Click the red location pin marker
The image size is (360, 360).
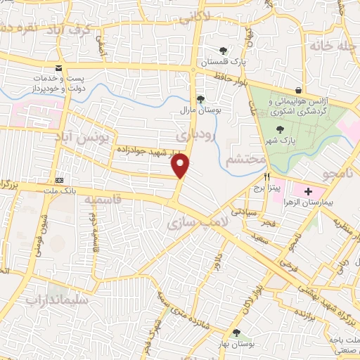[181, 165]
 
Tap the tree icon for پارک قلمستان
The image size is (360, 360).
[223, 51]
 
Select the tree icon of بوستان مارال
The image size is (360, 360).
[200, 99]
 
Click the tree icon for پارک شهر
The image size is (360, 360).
[281, 129]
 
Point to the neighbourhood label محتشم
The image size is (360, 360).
[245, 160]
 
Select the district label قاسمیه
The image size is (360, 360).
[100, 200]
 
